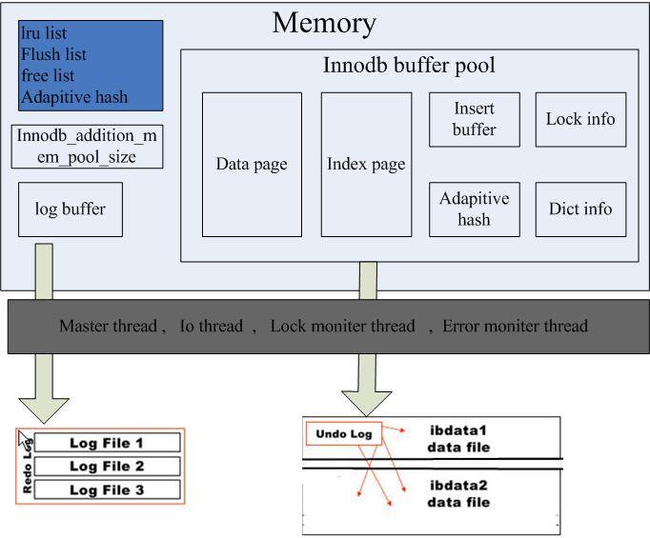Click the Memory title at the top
coord(324,23)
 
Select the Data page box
coord(252,164)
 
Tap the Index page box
coord(366,164)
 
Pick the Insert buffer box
coord(474,120)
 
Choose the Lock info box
coord(580,120)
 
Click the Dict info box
coord(580,209)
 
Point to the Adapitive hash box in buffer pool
coord(474,209)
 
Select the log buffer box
coord(71,209)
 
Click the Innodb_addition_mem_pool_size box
coord(89,146)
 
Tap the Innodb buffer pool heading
coord(409,68)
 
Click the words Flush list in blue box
coord(54,54)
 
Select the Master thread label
coord(108,327)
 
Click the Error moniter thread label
coord(515,327)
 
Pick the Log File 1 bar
coord(107,443)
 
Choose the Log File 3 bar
coord(107,489)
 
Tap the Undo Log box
coord(343,434)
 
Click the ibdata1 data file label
coord(458,437)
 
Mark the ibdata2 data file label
coord(458,493)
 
